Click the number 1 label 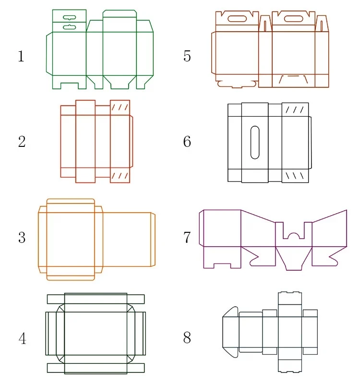[21, 57]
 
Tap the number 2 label [22, 142]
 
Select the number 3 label [22, 237]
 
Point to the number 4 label [22, 339]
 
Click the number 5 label [187, 56]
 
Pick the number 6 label [187, 142]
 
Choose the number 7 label [187, 237]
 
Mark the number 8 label [187, 338]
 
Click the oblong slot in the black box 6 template [255, 142]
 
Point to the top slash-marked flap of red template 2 [120, 108]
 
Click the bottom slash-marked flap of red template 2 [120, 175]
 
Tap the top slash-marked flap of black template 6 [295, 110]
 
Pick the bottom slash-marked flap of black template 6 [295, 175]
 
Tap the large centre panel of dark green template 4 [96, 333]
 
